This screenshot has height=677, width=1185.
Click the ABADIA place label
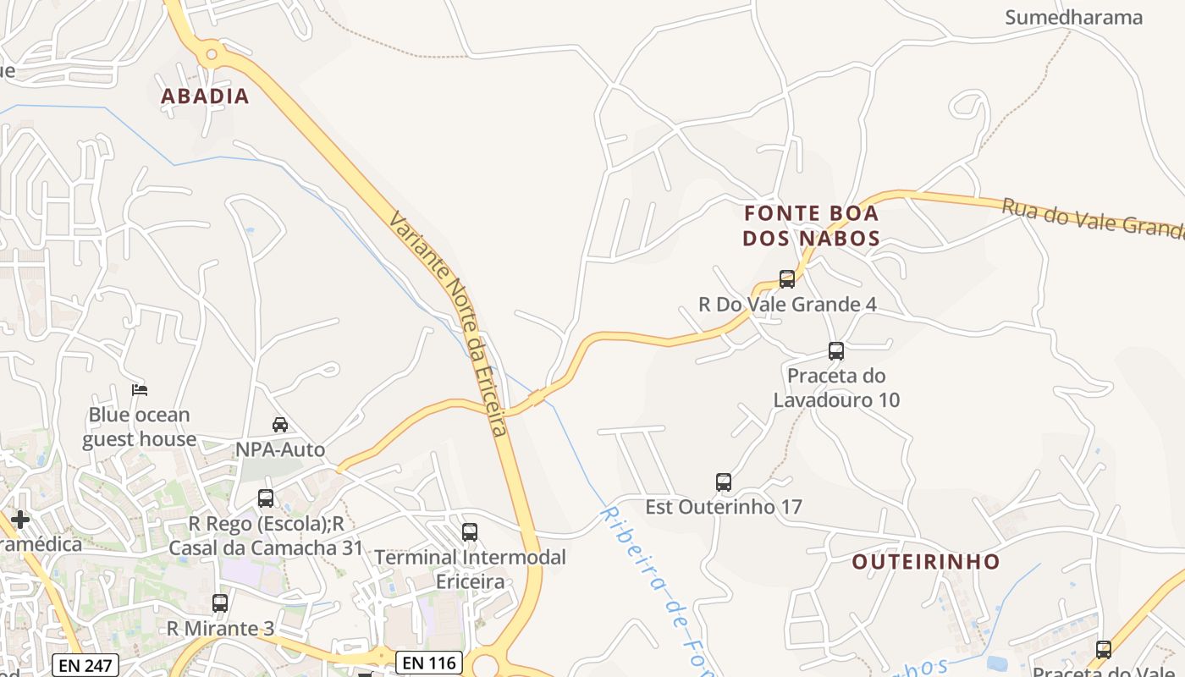point(205,96)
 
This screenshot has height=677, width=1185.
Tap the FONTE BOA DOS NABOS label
point(811,226)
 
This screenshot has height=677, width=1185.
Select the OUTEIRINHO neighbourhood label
point(925,562)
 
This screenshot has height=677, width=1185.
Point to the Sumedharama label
point(1073,17)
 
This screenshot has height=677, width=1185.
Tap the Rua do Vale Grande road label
point(1092,217)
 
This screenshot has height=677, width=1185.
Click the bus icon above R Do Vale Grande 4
point(787,278)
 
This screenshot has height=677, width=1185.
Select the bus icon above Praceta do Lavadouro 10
point(836,350)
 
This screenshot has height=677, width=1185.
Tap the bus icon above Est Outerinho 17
point(724,482)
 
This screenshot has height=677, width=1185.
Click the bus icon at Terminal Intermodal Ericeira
point(470,532)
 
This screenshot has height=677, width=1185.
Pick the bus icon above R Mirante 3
point(220,603)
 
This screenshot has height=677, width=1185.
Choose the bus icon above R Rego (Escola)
point(266,498)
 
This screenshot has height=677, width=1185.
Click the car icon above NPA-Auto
point(280,424)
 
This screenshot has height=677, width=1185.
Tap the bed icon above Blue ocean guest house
point(140,390)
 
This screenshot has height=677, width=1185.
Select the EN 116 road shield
point(429,663)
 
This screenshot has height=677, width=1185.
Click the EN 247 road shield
point(86,665)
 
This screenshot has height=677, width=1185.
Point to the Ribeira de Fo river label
point(652,584)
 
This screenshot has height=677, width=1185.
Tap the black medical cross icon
point(20,519)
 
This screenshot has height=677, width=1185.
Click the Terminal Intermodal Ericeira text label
point(470,570)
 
